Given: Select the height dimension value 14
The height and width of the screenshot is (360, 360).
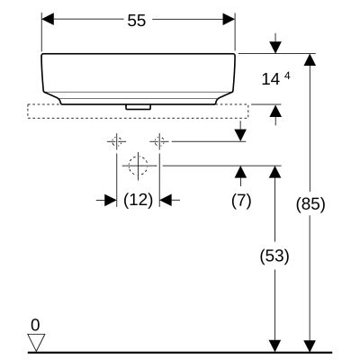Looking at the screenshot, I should coord(270,79).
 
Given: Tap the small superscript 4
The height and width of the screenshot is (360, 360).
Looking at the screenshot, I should coord(287,75).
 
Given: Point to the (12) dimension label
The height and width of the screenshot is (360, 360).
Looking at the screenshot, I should coord(138,200).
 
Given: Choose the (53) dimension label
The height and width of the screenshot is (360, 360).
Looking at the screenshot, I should coord(275,256).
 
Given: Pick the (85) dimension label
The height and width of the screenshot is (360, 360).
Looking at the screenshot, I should coord(310,204).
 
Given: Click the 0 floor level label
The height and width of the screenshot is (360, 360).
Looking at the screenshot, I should coord(36,324).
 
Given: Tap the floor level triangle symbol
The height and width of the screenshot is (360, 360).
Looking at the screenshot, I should coord(36,341).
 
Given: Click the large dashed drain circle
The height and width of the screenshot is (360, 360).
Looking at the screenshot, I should coord(138,166).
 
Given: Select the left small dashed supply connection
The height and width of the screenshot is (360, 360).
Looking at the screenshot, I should coord(116,141).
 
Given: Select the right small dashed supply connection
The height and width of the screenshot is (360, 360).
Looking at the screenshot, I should coord(159,141).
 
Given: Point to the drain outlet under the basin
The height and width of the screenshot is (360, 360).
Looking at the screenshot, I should coord(138,105).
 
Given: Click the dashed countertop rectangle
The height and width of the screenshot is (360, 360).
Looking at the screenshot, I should coord(138,112).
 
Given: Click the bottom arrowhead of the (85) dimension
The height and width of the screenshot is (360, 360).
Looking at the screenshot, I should coord(310,345).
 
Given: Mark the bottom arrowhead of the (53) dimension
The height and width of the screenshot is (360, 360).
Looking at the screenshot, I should coord(275,345).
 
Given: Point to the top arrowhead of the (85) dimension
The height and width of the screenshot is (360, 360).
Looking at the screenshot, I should coord(310,59).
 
